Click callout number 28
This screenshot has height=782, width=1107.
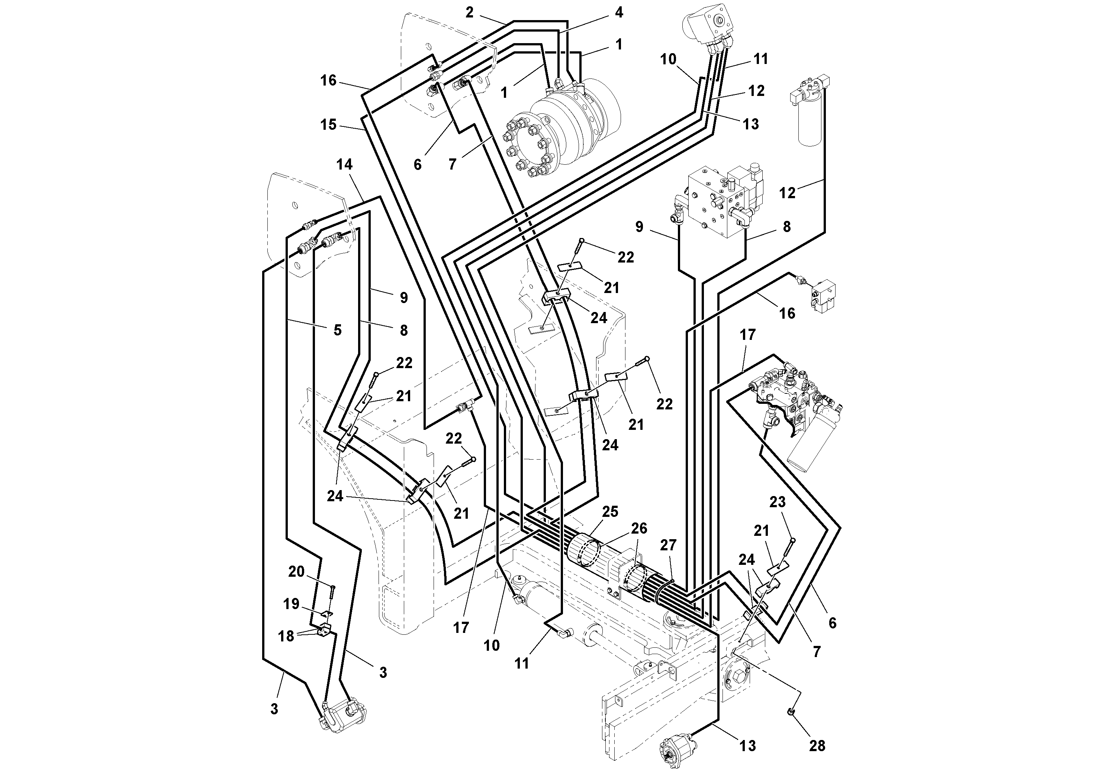[x=817, y=746]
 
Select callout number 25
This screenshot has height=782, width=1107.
[x=610, y=512]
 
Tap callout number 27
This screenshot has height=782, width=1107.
[x=668, y=545]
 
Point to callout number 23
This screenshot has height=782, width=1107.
[x=777, y=502]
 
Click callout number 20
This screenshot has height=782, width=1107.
[x=296, y=572]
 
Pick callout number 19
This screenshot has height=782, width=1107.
[x=291, y=604]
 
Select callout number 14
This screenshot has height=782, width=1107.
[x=344, y=164]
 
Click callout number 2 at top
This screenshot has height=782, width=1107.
[x=470, y=13]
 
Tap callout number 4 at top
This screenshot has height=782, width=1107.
[x=619, y=13]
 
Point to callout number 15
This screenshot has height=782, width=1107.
[x=328, y=125]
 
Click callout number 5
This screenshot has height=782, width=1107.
[x=338, y=330]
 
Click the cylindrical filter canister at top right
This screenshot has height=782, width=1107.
[x=811, y=118]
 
